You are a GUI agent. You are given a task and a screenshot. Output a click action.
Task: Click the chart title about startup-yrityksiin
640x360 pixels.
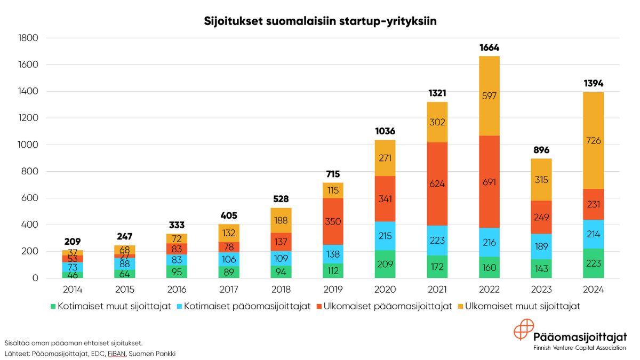320,21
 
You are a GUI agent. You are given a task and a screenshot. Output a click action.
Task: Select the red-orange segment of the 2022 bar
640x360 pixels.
489,182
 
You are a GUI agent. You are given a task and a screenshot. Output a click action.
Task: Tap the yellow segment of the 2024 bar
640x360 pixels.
593,140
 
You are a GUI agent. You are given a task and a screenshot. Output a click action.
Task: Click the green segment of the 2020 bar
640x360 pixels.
385,263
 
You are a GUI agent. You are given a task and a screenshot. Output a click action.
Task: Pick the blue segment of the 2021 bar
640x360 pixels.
437,240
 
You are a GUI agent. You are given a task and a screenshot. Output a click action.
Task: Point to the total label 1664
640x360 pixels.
489,47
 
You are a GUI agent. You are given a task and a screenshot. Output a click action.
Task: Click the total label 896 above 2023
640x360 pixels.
541,150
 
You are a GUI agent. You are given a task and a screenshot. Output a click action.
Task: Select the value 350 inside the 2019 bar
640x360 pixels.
333,221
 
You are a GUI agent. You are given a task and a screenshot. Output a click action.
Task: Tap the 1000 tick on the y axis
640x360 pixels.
28,145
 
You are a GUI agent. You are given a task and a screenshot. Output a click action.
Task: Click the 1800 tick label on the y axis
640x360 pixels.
28,38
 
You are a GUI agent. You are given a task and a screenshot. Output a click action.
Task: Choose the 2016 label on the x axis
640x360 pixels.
177,291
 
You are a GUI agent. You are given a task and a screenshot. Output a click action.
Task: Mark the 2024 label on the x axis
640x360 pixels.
593,291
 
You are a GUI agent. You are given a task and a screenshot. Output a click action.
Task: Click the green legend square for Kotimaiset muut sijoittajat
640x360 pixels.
53,307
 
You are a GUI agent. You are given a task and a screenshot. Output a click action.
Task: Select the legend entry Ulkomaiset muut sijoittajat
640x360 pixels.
522,307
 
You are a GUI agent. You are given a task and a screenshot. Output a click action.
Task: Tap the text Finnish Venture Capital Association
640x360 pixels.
580,348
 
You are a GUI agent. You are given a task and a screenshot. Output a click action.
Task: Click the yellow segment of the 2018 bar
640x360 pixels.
281,220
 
